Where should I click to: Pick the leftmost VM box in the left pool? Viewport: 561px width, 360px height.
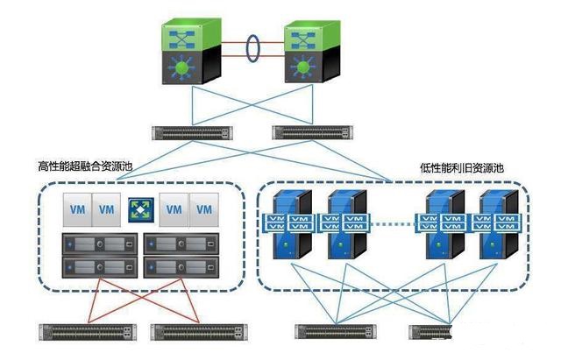point(76,209)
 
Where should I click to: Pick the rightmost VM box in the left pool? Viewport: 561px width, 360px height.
point(203,209)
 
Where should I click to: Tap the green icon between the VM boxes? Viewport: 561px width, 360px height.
point(140,210)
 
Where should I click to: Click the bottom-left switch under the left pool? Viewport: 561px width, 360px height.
point(88,331)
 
